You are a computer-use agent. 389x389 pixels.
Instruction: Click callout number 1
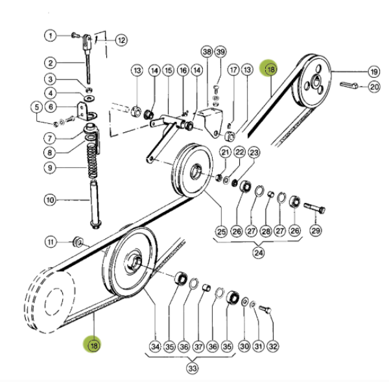point(51,35)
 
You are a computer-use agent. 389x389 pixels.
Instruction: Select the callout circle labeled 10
point(51,200)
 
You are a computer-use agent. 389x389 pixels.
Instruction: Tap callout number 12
point(121,40)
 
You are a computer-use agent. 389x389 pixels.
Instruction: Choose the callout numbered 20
point(375,86)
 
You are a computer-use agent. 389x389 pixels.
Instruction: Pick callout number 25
point(220,231)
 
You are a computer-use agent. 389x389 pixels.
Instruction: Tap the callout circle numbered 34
point(154,348)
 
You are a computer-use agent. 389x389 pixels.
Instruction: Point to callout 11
point(51,242)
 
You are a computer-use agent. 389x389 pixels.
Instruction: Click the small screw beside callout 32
point(265,310)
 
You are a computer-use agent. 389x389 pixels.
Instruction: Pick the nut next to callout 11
point(77,243)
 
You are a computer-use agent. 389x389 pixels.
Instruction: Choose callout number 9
point(51,168)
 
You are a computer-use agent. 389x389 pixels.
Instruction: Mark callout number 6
point(51,106)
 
